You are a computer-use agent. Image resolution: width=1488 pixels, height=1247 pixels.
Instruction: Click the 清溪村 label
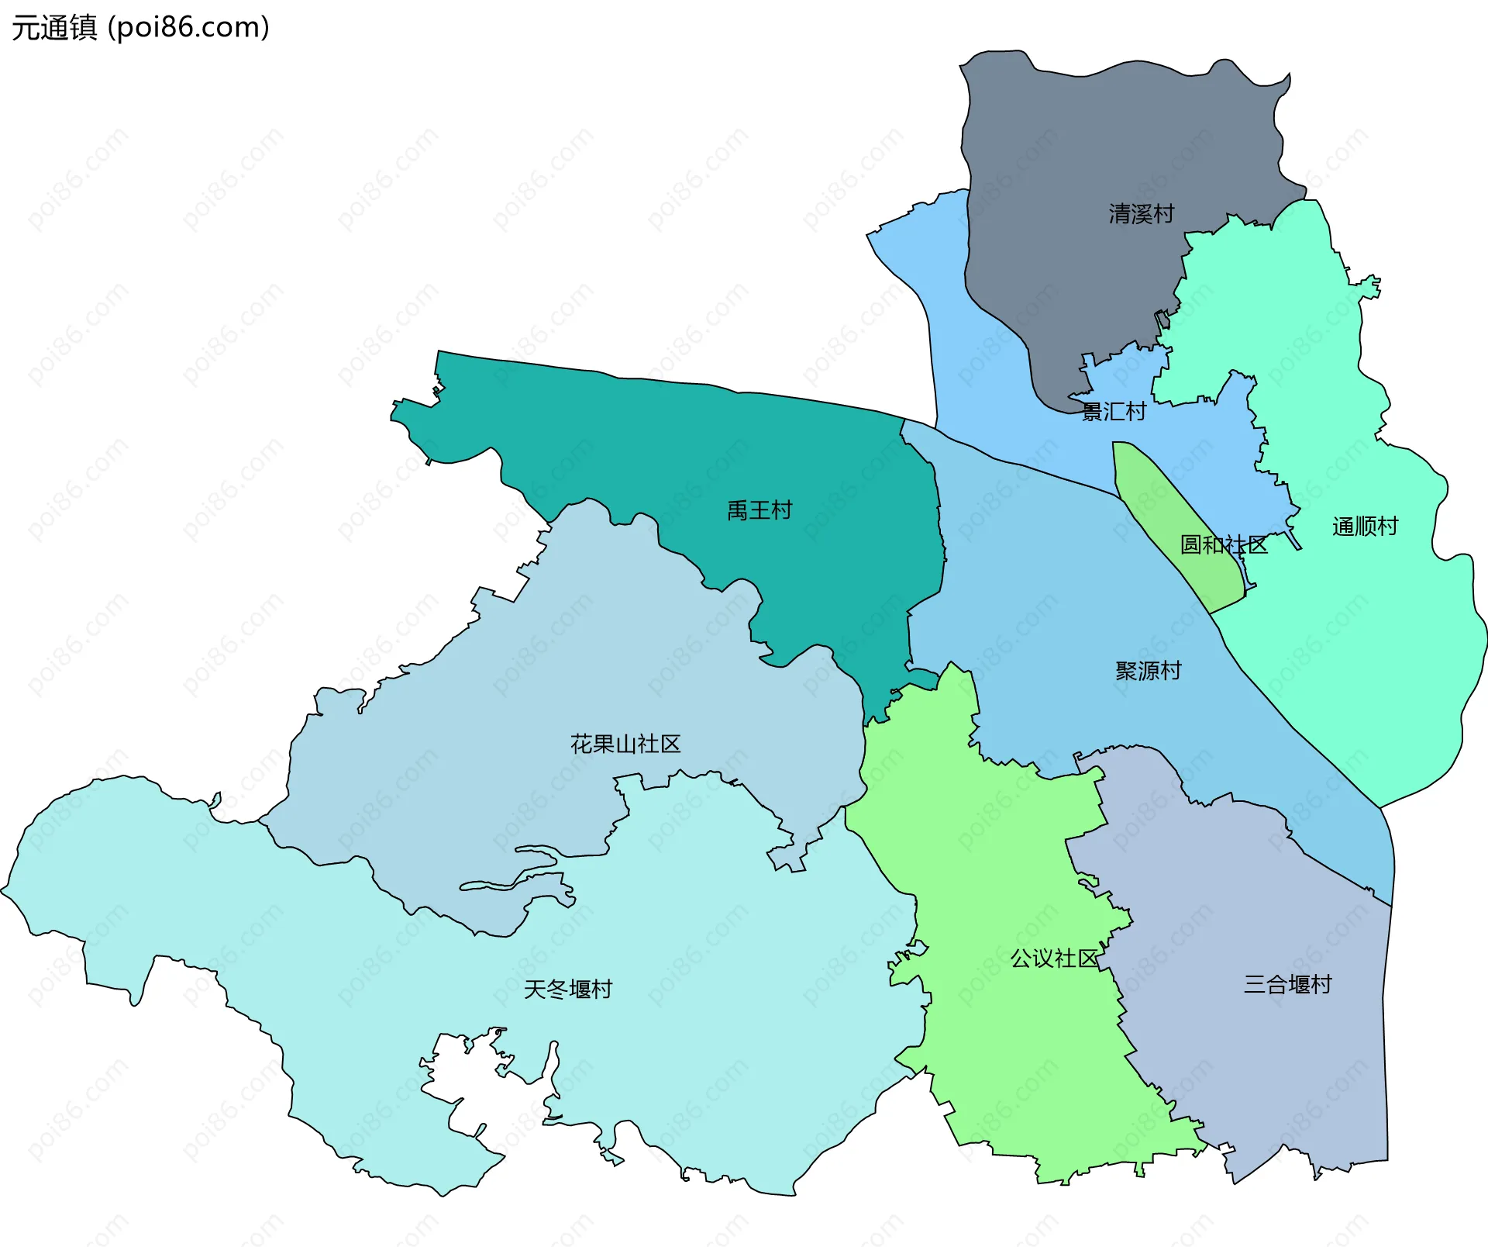pos(1141,214)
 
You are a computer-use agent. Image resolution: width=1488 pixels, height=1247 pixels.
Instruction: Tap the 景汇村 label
pos(1114,412)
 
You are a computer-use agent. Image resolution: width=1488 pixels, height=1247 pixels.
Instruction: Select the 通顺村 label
pos(1365,527)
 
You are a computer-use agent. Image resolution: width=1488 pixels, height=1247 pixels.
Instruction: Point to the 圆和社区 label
pos(1223,545)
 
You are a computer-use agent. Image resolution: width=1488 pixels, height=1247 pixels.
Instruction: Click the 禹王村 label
pos(759,510)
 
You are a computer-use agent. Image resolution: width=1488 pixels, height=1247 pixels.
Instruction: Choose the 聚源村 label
pos(1148,671)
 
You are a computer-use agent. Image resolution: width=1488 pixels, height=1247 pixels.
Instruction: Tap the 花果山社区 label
pos(625,744)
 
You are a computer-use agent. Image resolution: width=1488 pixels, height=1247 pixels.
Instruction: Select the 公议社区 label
pos(1054,959)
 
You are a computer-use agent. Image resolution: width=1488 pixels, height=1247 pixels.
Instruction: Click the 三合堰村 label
pos(1287,985)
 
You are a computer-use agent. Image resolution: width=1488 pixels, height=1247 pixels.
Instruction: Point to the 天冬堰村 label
pos(568,990)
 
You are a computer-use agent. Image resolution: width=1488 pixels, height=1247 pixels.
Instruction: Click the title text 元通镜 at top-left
pos(54,28)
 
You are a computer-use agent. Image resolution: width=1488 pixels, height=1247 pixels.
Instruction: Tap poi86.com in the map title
pos(188,28)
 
